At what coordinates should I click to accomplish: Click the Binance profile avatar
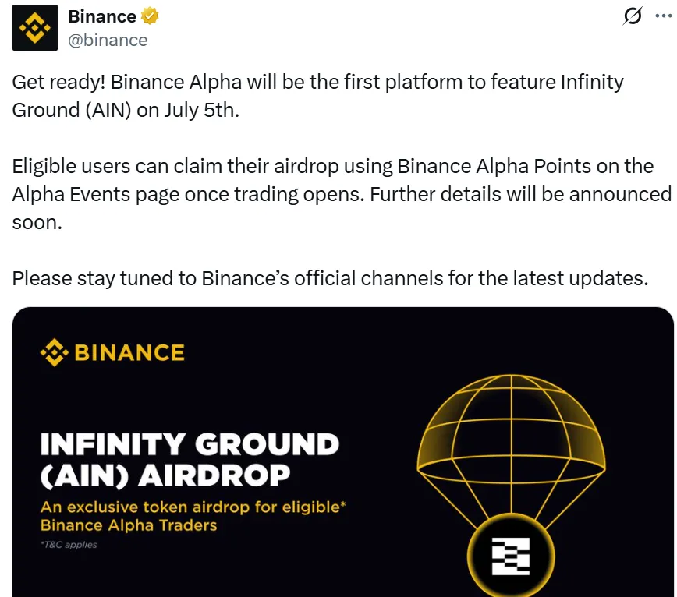[x=35, y=28]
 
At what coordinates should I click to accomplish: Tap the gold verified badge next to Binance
[x=150, y=16]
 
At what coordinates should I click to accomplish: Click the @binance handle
[x=108, y=40]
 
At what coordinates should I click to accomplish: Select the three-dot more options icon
[x=664, y=16]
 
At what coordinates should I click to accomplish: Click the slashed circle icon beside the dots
[x=633, y=16]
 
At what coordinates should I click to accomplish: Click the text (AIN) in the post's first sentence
[x=108, y=111]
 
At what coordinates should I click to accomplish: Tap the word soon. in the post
[x=37, y=223]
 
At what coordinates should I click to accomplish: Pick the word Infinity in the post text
[x=592, y=83]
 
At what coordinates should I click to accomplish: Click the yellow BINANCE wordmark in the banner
[x=129, y=352]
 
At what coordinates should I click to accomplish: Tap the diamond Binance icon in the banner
[x=55, y=352]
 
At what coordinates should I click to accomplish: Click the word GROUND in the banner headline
[x=268, y=444]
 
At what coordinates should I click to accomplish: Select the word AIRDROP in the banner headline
[x=214, y=475]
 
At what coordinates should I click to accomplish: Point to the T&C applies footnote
[x=69, y=545]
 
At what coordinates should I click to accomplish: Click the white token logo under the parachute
[x=511, y=556]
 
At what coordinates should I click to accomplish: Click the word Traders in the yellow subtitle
[x=188, y=525]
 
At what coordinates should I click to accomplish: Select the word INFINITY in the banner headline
[x=113, y=444]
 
